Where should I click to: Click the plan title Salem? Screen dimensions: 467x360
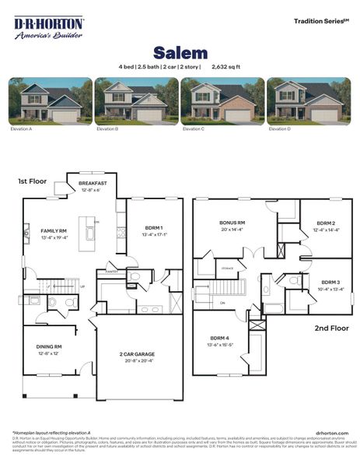point(180,53)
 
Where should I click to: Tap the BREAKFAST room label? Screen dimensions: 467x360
point(93,184)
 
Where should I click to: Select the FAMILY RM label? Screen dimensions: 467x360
point(54,231)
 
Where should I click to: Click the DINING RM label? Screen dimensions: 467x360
point(48,346)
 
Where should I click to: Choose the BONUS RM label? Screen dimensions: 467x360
point(232,223)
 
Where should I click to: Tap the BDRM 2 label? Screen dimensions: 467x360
point(326,223)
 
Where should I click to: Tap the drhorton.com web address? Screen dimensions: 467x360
point(332,433)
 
